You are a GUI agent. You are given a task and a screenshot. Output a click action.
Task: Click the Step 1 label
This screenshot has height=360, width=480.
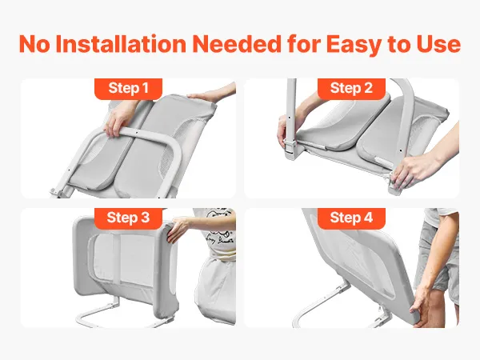pyautogui.click(x=128, y=89)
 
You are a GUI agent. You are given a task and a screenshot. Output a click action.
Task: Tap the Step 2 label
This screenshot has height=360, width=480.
pyautogui.click(x=351, y=89)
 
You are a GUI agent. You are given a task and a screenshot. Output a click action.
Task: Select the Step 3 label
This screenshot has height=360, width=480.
pyautogui.click(x=128, y=218)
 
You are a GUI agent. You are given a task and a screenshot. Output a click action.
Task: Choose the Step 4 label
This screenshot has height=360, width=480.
pyautogui.click(x=351, y=218)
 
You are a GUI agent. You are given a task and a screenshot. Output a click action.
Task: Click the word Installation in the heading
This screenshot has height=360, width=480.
pyautogui.click(x=121, y=44)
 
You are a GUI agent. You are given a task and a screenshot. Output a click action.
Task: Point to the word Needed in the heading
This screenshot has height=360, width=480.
pyautogui.click(x=237, y=44)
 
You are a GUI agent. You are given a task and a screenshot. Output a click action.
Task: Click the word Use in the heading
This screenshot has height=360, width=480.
pyautogui.click(x=438, y=44)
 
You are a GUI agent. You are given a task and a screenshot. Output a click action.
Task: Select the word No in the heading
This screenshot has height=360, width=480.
pyautogui.click(x=34, y=44)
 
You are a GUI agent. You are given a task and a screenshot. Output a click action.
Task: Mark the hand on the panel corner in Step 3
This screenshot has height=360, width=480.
pyautogui.click(x=178, y=230)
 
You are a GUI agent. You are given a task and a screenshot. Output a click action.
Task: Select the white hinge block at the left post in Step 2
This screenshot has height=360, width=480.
pyautogui.click(x=290, y=149)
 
